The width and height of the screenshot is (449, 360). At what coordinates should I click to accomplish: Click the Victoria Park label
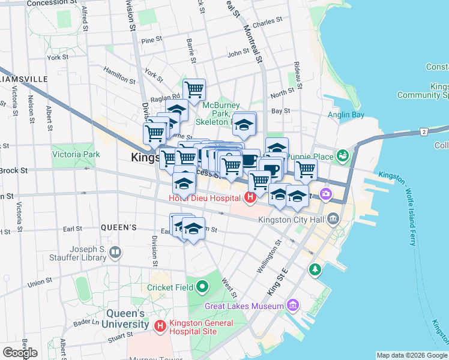tap(76, 154)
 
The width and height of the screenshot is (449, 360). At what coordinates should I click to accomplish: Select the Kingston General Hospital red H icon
tap(160, 326)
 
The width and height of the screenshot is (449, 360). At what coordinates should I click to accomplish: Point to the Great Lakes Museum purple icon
tap(292, 306)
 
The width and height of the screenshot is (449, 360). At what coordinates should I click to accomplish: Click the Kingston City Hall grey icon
tap(333, 220)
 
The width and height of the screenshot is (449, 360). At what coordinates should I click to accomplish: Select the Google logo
tap(20, 352)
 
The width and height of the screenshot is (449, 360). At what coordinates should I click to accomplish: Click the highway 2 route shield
tap(424, 131)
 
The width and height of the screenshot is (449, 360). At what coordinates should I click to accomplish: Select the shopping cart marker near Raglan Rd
tap(194, 90)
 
